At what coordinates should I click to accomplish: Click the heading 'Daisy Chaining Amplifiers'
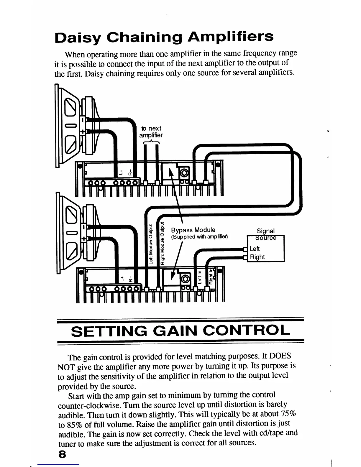tap(164, 37)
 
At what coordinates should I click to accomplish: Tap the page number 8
tap(62, 454)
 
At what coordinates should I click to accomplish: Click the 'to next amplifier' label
tap(151, 132)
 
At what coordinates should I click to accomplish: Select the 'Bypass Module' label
tap(193, 230)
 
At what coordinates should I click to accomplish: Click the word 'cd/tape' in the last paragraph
tap(273, 433)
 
